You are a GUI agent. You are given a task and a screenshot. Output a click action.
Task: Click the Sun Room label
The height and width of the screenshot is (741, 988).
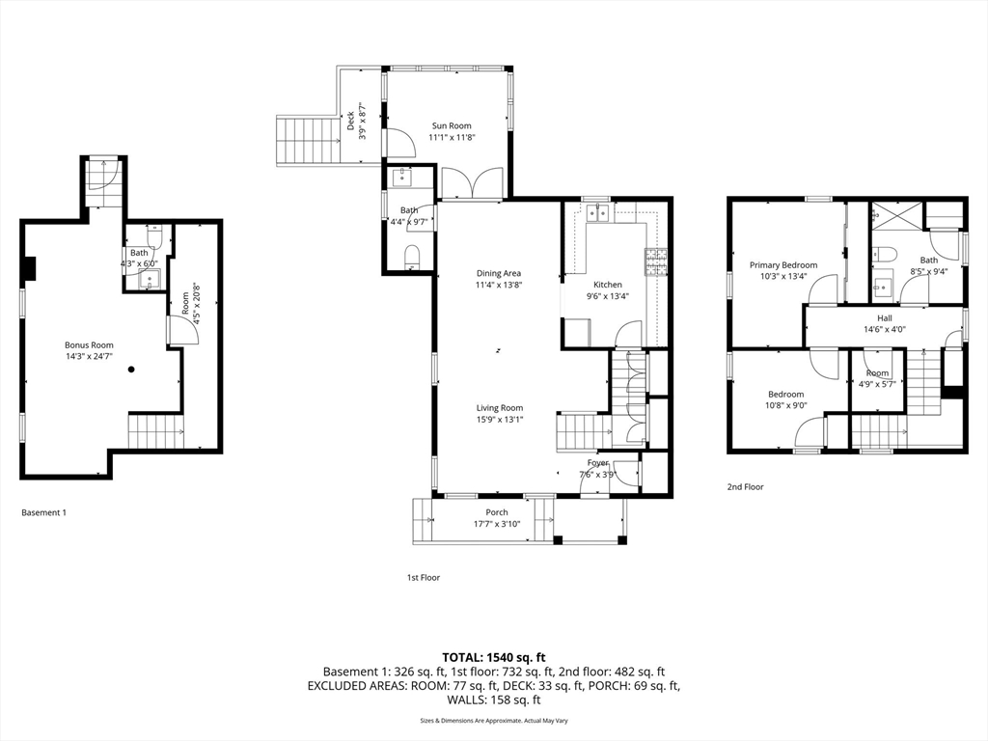(452, 125)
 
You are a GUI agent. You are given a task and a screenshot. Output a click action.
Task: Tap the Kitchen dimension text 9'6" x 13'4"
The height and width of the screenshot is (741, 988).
(608, 296)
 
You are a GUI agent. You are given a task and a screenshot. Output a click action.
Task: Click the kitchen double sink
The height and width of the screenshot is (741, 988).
(598, 213)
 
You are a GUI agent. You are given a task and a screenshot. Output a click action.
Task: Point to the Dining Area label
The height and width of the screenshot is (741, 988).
(498, 273)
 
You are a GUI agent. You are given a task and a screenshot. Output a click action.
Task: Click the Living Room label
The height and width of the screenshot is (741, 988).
(499, 407)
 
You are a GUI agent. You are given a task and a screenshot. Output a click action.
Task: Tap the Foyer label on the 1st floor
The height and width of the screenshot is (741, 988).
(598, 463)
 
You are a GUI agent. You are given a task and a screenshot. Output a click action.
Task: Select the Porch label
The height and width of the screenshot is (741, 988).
(497, 512)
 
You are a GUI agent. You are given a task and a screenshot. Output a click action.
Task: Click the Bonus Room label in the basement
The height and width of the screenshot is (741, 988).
(89, 344)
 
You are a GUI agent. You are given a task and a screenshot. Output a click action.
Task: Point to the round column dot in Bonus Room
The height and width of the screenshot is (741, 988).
(131, 369)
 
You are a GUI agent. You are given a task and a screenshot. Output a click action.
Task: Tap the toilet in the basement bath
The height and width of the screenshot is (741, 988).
(154, 238)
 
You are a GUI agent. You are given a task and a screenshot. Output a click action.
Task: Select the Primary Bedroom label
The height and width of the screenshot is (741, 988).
(783, 265)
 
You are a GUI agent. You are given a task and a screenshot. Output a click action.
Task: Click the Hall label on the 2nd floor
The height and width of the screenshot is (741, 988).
(885, 317)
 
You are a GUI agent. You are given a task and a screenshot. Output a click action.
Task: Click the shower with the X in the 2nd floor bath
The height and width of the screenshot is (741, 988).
(896, 215)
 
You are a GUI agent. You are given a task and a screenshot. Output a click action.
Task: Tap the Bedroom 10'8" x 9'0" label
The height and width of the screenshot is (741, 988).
(785, 394)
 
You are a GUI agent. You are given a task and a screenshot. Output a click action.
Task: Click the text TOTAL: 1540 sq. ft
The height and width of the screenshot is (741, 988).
(493, 656)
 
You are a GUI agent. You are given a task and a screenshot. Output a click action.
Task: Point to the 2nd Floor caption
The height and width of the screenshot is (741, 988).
(745, 487)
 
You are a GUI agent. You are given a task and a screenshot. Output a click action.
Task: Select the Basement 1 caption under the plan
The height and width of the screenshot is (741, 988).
(43, 512)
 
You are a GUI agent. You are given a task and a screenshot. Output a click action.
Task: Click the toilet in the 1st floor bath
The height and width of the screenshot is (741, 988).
(413, 256)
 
